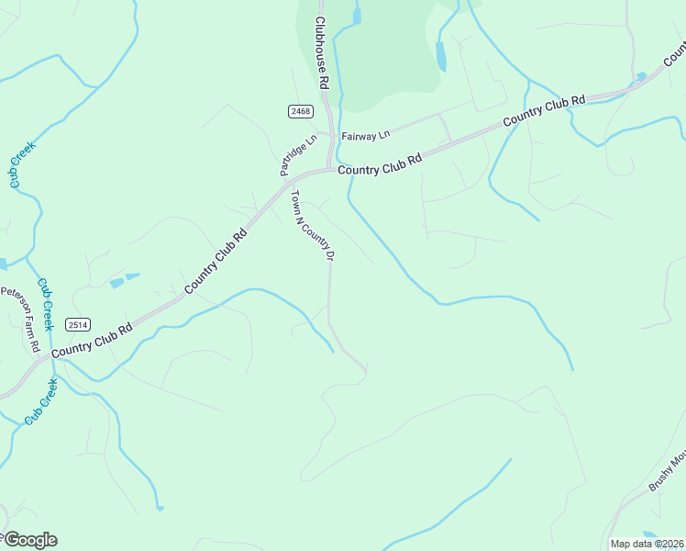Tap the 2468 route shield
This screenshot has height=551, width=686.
(300, 111)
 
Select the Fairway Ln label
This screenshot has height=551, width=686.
(366, 136)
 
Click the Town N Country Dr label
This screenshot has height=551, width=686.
(310, 225)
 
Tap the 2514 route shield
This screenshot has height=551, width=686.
(78, 325)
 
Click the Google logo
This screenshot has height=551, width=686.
(29, 540)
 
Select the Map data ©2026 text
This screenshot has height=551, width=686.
(647, 544)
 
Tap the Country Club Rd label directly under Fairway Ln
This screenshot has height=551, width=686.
(379, 164)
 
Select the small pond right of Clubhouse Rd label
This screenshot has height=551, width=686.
(357, 16)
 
